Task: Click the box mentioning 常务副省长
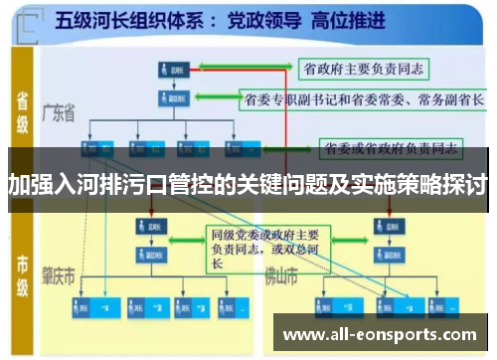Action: click(x=364, y=99)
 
